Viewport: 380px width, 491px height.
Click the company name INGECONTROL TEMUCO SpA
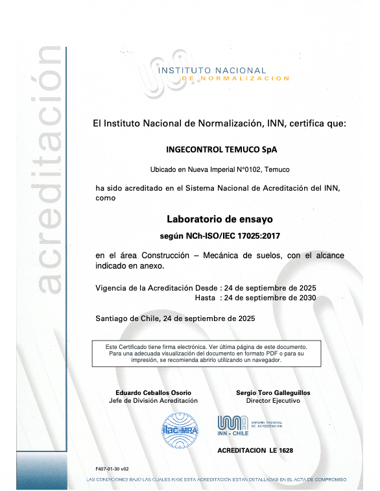click(x=221, y=149)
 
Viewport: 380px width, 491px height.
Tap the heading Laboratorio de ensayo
click(x=220, y=220)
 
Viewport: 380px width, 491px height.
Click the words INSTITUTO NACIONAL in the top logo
click(x=213, y=70)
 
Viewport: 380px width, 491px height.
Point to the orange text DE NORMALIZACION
click(x=236, y=78)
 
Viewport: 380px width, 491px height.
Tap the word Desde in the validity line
click(x=207, y=287)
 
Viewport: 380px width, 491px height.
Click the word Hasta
click(x=206, y=298)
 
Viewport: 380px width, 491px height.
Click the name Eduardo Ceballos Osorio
click(x=153, y=392)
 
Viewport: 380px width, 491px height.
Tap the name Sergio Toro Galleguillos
click(x=273, y=392)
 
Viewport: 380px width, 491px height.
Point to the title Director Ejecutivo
click(x=273, y=401)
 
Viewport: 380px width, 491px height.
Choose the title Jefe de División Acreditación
click(x=154, y=401)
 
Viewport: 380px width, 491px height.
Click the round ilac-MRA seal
click(x=179, y=430)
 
